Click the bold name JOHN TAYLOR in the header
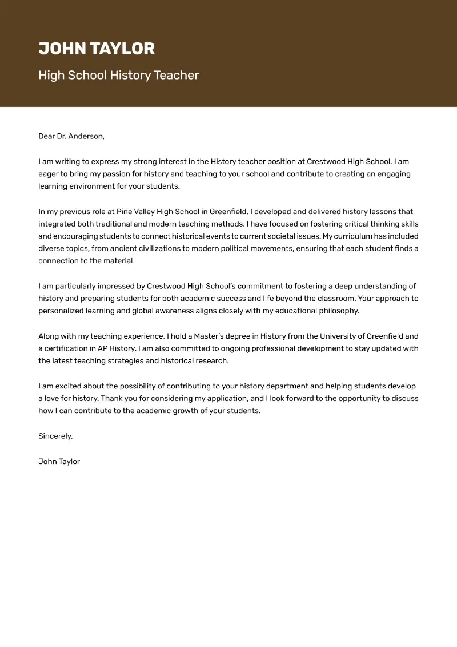pyautogui.click(x=97, y=49)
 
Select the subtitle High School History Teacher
pyautogui.click(x=118, y=75)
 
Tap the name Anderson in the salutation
pyautogui.click(x=86, y=136)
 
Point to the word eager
pyautogui.click(x=50, y=174)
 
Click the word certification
pyautogui.click(x=68, y=348)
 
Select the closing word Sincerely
pyautogui.click(x=55, y=436)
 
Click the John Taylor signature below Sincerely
pyautogui.click(x=59, y=461)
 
